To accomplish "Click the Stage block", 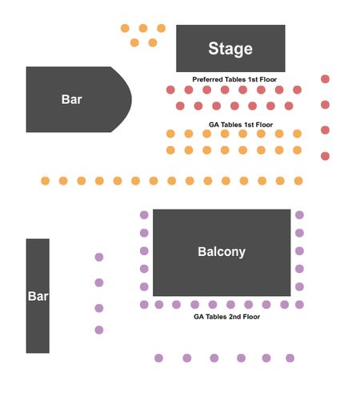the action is [230, 48].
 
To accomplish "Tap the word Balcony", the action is [222, 252].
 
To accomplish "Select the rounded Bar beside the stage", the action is [78, 99].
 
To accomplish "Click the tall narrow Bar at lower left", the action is [38, 296].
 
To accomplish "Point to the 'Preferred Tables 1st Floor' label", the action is [234, 79].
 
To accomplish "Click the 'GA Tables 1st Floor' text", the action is [241, 125].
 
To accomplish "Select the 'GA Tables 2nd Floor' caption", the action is [226, 317].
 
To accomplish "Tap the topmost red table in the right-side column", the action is [325, 79].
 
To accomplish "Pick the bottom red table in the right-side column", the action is [325, 156].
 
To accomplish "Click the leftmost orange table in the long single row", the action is [46, 181].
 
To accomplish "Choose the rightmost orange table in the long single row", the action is [298, 181].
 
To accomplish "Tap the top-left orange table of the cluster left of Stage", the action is [125, 28].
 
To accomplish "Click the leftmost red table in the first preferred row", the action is [170, 90].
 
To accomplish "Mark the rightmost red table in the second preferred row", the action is [289, 106].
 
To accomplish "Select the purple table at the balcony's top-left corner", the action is [144, 214].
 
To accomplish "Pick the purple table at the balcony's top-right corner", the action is [299, 214].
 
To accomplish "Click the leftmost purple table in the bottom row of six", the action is [158, 358].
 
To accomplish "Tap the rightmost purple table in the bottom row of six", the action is [290, 358].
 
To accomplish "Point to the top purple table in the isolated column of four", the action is [99, 257].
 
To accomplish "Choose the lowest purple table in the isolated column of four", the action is [99, 330].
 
